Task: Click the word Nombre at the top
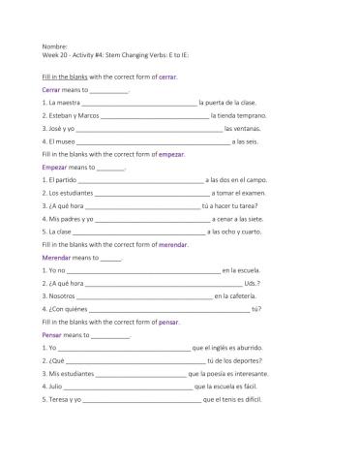(x=54, y=46)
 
